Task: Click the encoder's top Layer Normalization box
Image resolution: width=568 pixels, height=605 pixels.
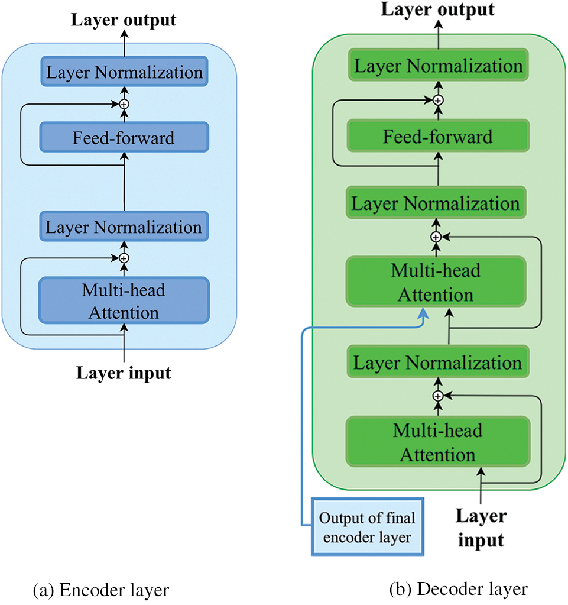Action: pos(124,73)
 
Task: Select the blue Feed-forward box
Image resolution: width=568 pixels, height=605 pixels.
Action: pos(124,138)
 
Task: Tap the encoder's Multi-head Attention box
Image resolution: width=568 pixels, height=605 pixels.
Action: pos(124,301)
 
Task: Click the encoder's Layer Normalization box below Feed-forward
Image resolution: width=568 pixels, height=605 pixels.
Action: pos(124,228)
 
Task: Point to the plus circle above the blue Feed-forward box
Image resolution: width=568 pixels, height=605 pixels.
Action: pos(124,103)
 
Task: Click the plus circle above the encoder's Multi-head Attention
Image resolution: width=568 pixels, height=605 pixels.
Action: pos(124,258)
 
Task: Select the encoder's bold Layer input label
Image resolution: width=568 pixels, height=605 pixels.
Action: pos(124,373)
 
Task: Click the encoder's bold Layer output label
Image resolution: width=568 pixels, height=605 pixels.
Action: pos(124,20)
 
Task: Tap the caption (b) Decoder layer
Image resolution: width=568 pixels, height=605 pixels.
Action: pos(457,589)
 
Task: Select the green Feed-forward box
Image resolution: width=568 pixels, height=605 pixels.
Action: pos(437,137)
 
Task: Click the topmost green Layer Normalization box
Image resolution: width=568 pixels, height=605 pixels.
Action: pos(437,66)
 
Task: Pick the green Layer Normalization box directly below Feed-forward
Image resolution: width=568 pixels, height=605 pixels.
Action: pos(436,204)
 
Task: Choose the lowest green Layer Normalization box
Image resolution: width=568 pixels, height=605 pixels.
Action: pos(437,363)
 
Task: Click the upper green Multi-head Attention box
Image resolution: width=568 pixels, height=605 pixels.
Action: pos(436,282)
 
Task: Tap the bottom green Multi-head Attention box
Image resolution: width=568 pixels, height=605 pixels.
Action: pos(437,442)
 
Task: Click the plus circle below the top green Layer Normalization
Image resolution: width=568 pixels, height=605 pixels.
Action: pos(437,99)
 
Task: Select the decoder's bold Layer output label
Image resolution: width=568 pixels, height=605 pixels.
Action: pos(437,9)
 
